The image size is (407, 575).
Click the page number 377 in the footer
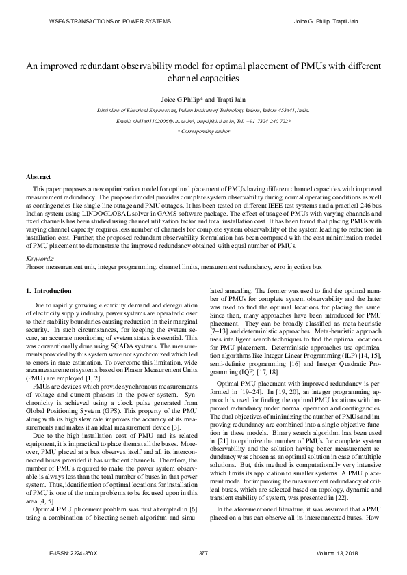(x=203, y=552)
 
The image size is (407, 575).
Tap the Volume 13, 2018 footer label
(x=332, y=552)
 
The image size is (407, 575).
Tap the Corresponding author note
(x=203, y=130)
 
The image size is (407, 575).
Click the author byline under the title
(x=203, y=98)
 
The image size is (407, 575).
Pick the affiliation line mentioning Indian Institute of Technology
(x=203, y=109)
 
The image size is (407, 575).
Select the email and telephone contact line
(x=203, y=120)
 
